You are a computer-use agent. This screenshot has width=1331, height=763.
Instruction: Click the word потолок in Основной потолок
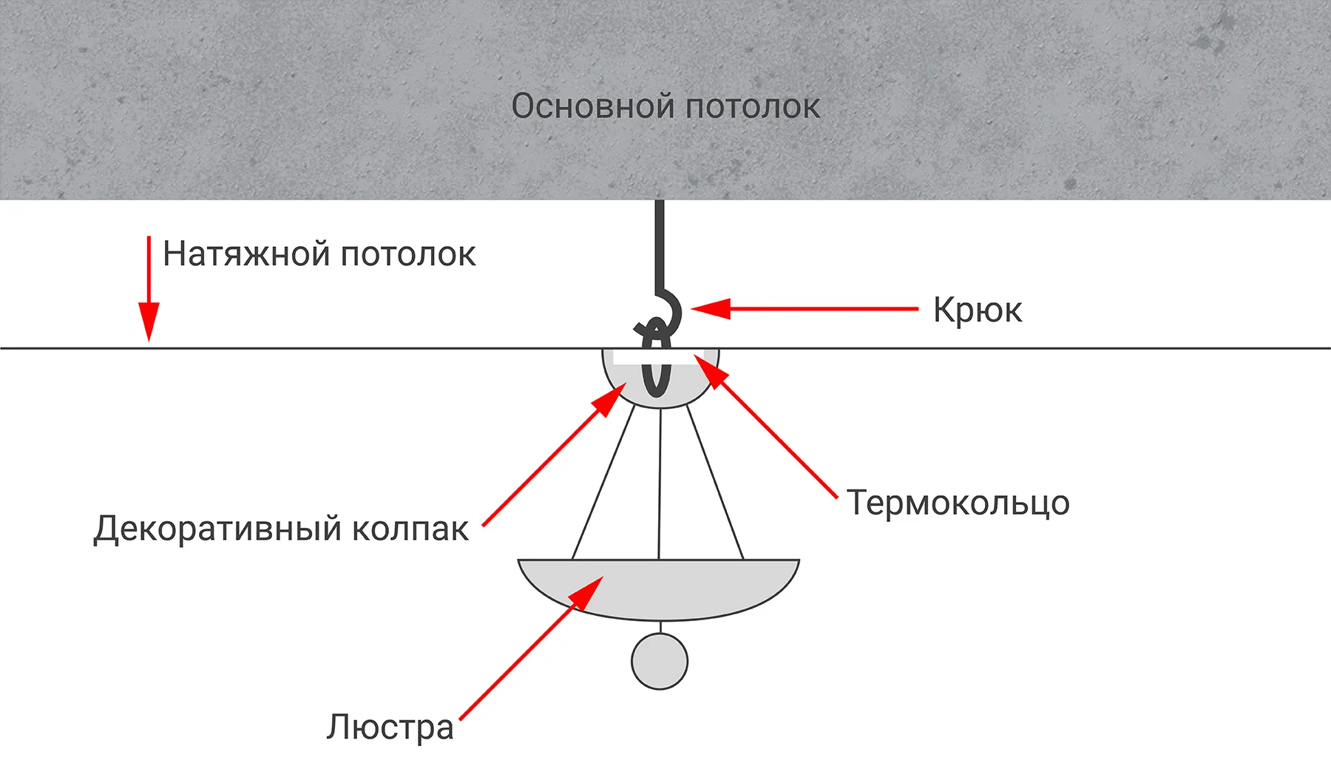click(x=753, y=107)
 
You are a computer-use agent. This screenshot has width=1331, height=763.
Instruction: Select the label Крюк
click(x=977, y=311)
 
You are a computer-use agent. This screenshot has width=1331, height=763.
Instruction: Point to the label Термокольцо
click(x=958, y=503)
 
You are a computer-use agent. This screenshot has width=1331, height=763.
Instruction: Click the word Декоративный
click(x=217, y=529)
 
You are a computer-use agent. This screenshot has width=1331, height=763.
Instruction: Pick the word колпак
click(x=410, y=529)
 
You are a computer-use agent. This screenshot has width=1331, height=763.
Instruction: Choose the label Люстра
click(x=390, y=728)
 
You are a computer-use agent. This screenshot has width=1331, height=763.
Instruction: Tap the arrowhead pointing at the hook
click(x=708, y=308)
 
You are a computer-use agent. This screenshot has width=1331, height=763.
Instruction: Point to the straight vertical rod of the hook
click(x=659, y=244)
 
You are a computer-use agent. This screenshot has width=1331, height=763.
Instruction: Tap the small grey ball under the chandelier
click(x=659, y=662)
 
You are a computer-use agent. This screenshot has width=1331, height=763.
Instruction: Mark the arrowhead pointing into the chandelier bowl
click(x=589, y=592)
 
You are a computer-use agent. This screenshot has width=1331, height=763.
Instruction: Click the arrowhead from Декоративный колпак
click(x=613, y=400)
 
